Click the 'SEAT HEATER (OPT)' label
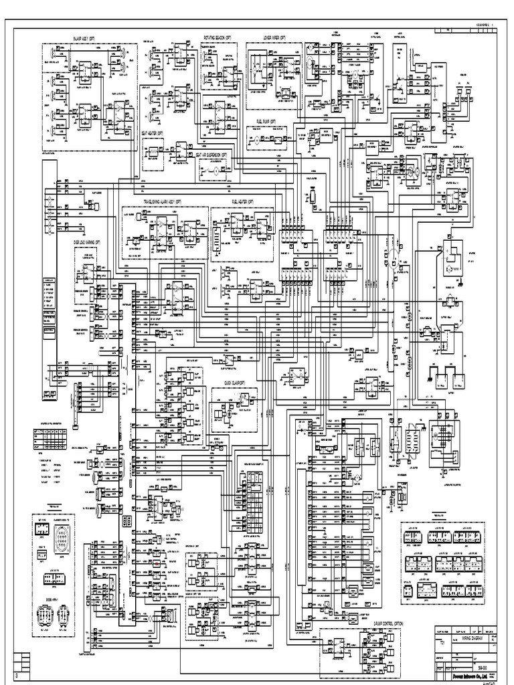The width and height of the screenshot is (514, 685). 153,132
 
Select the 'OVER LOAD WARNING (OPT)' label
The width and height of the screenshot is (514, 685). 87,241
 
